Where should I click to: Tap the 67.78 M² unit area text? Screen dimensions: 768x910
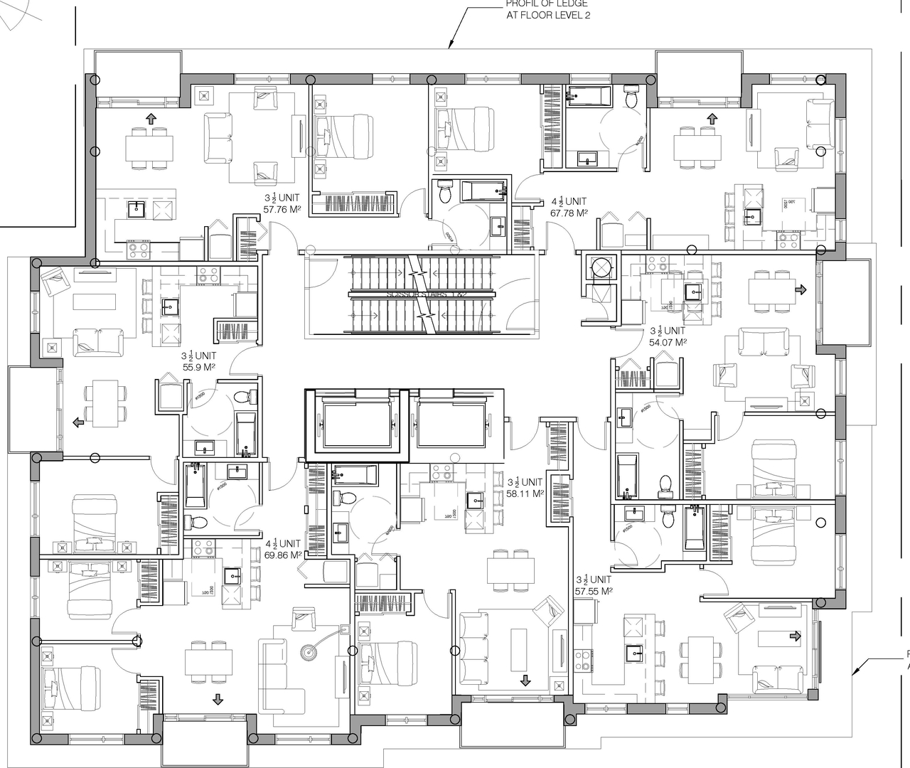tap(569, 213)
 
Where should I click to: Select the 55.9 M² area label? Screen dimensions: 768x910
tap(198, 367)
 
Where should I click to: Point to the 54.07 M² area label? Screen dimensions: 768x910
tap(668, 342)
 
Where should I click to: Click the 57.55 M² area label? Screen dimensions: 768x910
tap(593, 590)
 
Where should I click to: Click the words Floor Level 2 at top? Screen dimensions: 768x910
tap(548, 15)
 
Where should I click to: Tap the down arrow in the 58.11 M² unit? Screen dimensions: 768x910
tap(525, 681)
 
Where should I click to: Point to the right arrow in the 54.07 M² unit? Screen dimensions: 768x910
tap(801, 289)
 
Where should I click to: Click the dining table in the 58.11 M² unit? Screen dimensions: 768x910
tap(510, 570)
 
